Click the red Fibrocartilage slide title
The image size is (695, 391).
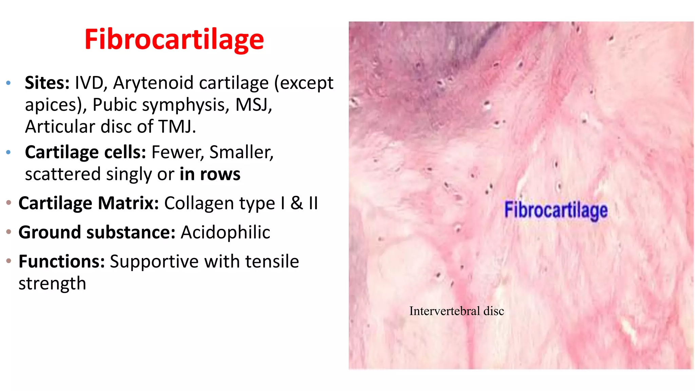point(174,40)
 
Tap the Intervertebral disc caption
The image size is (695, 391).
point(456,311)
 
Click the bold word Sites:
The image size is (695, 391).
point(47,83)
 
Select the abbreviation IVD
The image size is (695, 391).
point(89,83)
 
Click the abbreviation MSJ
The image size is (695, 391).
point(253,105)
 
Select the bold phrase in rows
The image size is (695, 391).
point(210,174)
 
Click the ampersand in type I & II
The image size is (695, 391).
point(297,203)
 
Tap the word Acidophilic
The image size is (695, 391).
point(225,232)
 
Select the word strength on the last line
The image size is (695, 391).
point(52,283)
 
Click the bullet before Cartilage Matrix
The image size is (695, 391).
point(9,203)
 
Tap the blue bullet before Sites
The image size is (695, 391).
point(9,83)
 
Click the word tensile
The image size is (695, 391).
point(272,262)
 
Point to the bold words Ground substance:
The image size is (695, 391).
point(97,232)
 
